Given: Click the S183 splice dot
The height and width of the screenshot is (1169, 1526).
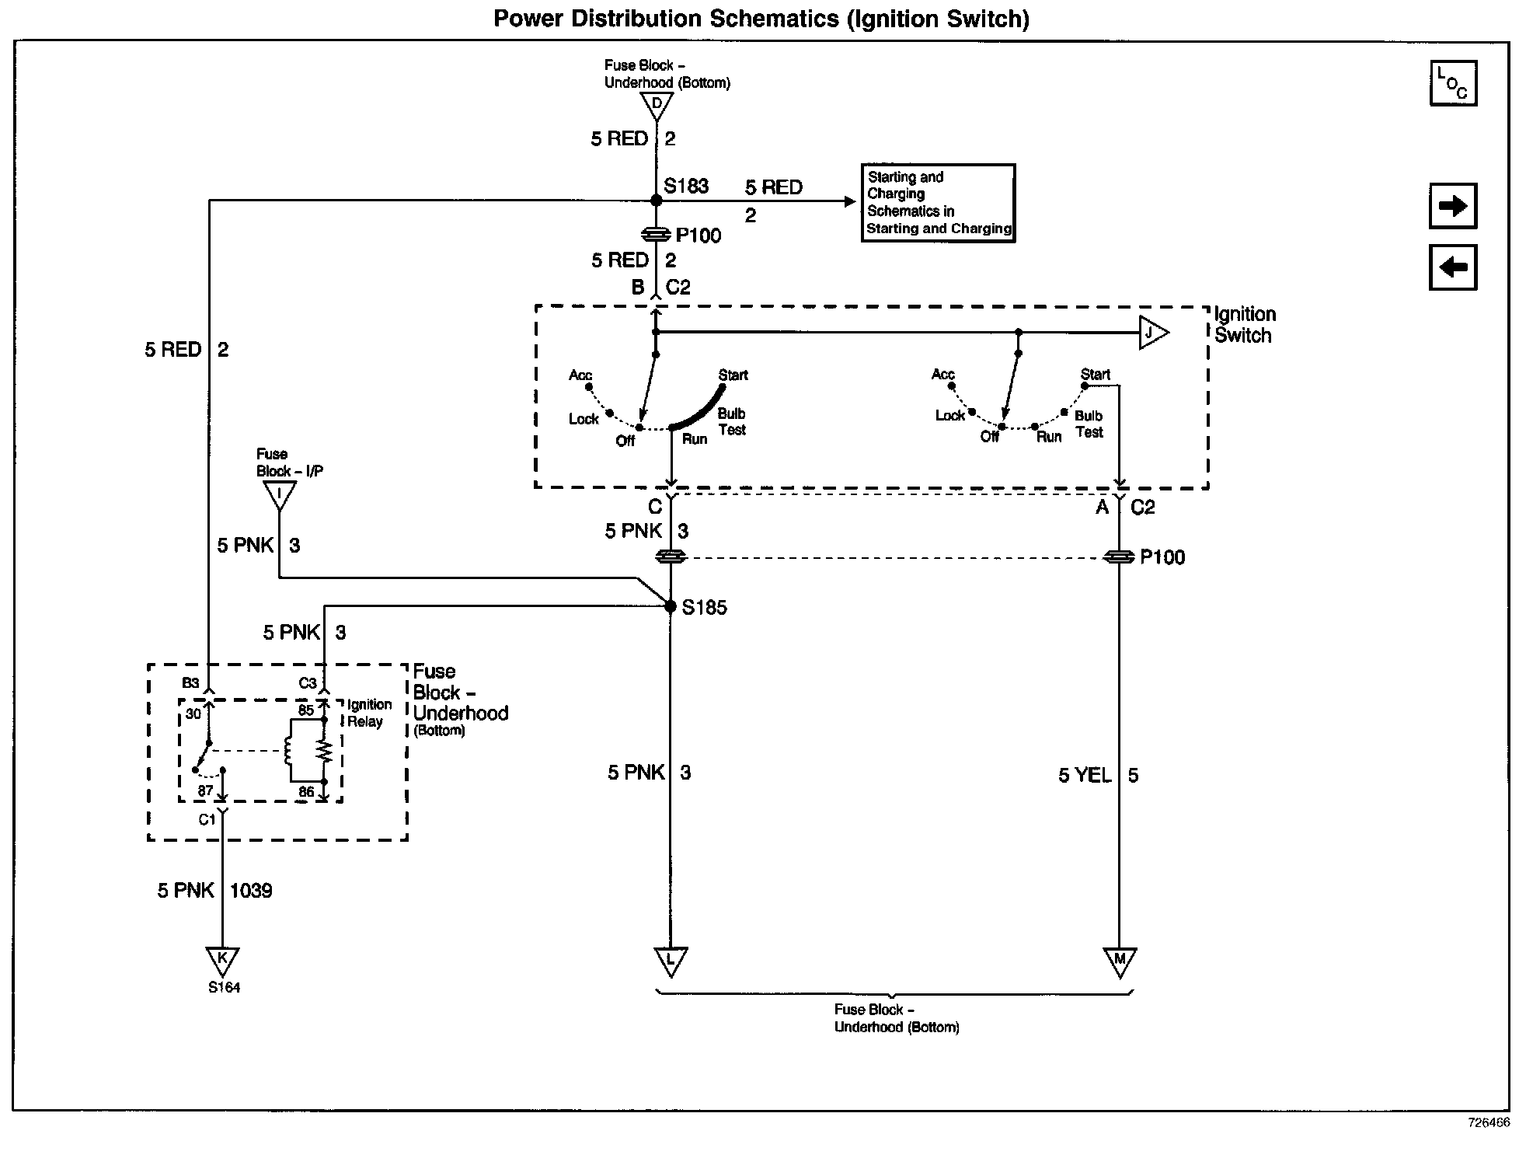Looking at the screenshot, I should click(656, 201).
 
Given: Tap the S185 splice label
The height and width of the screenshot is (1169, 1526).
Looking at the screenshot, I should click(704, 607).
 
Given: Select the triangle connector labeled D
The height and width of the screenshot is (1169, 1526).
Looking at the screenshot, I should click(657, 105).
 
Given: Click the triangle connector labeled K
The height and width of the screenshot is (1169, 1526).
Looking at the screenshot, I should click(222, 959).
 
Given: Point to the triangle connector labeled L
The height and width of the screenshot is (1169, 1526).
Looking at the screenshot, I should click(670, 961).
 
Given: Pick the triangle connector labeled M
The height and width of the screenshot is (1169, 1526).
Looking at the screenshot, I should click(1120, 961).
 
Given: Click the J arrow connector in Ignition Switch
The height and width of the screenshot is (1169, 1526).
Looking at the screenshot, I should click(1152, 333).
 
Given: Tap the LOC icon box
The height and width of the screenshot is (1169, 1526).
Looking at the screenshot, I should click(1453, 83).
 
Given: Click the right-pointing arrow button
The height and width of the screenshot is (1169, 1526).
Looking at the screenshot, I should click(1453, 206).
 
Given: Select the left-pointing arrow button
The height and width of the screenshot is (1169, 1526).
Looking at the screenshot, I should click(1453, 267).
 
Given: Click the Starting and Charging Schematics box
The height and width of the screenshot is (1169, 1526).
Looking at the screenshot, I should click(939, 203).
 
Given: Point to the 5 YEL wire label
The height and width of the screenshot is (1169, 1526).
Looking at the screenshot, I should click(1085, 775).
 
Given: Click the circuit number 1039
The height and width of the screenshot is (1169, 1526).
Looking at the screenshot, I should click(251, 890).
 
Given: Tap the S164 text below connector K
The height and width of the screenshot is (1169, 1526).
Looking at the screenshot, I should click(224, 988).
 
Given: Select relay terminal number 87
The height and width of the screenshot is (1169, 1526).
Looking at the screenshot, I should click(204, 791).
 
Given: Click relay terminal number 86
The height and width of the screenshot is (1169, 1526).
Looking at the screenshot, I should click(306, 792).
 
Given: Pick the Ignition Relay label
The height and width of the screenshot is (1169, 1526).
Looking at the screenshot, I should click(368, 713).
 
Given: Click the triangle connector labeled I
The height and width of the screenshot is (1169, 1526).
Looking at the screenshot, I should click(279, 494).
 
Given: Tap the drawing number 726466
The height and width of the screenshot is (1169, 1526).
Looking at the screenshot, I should click(1488, 1123).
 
